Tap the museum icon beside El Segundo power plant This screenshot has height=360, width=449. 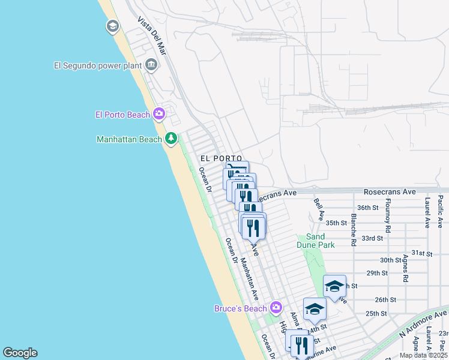coord(151,65)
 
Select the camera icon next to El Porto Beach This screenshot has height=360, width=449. coord(159,113)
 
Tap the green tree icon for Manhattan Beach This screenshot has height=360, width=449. coord(171,139)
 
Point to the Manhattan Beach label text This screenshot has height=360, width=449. coord(129,139)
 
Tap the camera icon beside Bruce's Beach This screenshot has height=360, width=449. coord(276,308)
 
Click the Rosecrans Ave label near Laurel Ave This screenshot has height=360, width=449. coord(390,192)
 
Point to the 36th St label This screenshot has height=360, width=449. coord(367,208)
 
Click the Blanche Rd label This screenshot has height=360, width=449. coord(354,230)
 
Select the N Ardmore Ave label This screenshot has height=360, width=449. coord(424,324)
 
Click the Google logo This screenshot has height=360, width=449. coord(20,353)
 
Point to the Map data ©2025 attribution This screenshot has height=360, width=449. coord(423,355)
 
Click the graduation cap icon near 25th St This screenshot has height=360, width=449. coord(314,309)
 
